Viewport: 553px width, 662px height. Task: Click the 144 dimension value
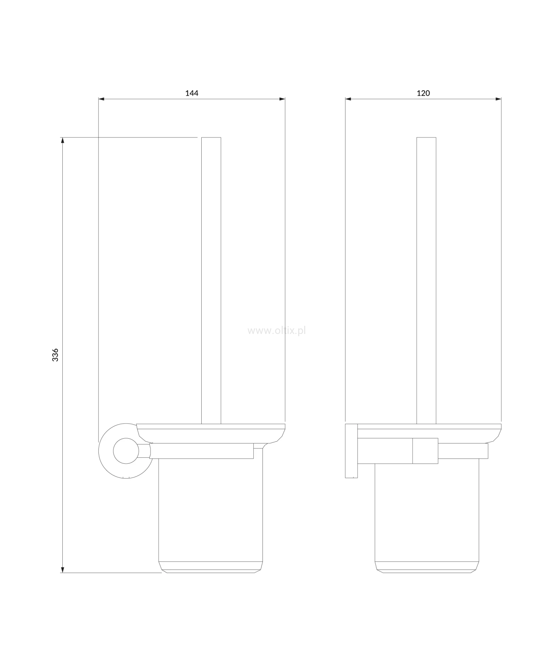tap(192, 93)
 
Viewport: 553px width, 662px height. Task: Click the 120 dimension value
tap(423, 93)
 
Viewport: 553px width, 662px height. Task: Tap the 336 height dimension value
tap(55, 355)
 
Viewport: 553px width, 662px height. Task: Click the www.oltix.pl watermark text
tap(276, 331)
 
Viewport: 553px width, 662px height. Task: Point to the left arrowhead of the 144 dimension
tap(101, 99)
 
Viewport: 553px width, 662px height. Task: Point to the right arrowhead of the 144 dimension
tap(282, 99)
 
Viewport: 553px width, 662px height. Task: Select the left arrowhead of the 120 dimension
tap(348, 99)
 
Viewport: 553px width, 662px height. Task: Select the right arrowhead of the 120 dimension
tap(498, 99)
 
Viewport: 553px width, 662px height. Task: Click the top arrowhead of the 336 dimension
tap(63, 140)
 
